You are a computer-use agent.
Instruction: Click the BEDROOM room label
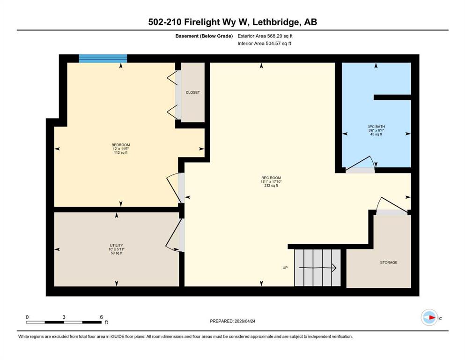(121, 145)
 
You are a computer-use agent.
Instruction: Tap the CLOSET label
(193, 92)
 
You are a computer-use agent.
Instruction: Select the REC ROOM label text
(271, 178)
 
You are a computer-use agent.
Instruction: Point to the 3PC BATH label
(376, 127)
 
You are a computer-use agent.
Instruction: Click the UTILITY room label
(116, 246)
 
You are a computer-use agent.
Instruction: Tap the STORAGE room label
(389, 262)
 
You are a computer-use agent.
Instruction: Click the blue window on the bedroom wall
(103, 59)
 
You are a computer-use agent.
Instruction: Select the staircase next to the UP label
(317, 268)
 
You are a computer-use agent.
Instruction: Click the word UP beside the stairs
(285, 268)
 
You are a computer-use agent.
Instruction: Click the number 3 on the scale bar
(64, 317)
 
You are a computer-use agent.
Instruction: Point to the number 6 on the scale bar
(101, 317)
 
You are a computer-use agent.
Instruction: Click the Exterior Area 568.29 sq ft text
(265, 36)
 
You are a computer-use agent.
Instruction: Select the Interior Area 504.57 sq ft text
(264, 43)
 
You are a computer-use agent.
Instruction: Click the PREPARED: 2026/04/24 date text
(232, 321)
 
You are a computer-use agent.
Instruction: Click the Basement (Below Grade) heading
(204, 36)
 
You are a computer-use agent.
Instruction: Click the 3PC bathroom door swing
(360, 164)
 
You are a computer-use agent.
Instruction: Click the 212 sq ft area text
(271, 186)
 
